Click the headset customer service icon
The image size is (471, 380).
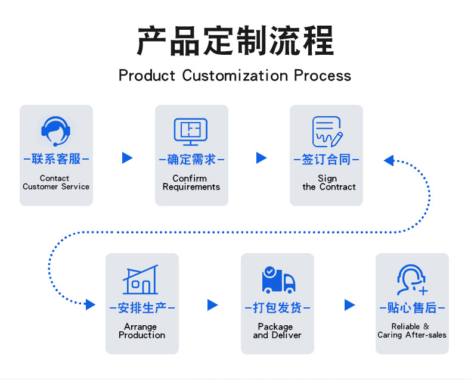point(55,131)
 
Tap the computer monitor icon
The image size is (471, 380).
point(191,132)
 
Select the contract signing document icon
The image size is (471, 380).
point(327,132)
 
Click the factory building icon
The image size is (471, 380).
point(140,279)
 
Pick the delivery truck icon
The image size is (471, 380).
point(278,280)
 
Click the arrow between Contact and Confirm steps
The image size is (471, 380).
point(127,158)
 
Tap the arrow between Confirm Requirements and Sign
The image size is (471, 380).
point(261,158)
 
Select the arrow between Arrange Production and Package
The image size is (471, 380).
point(213,305)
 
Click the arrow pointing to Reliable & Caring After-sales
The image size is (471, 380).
point(349,305)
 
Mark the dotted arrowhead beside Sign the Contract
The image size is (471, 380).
point(389,161)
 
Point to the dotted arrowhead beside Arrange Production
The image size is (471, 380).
point(90,304)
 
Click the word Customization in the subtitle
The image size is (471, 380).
point(235,75)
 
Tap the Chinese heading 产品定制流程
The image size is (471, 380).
point(235,41)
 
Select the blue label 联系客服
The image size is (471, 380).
point(56,159)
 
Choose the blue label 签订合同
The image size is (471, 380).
point(326,160)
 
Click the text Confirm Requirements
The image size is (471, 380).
point(191,182)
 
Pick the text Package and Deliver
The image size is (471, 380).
point(277,331)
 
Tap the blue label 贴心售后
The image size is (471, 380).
point(412,308)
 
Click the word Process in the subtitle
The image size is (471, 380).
point(323,75)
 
